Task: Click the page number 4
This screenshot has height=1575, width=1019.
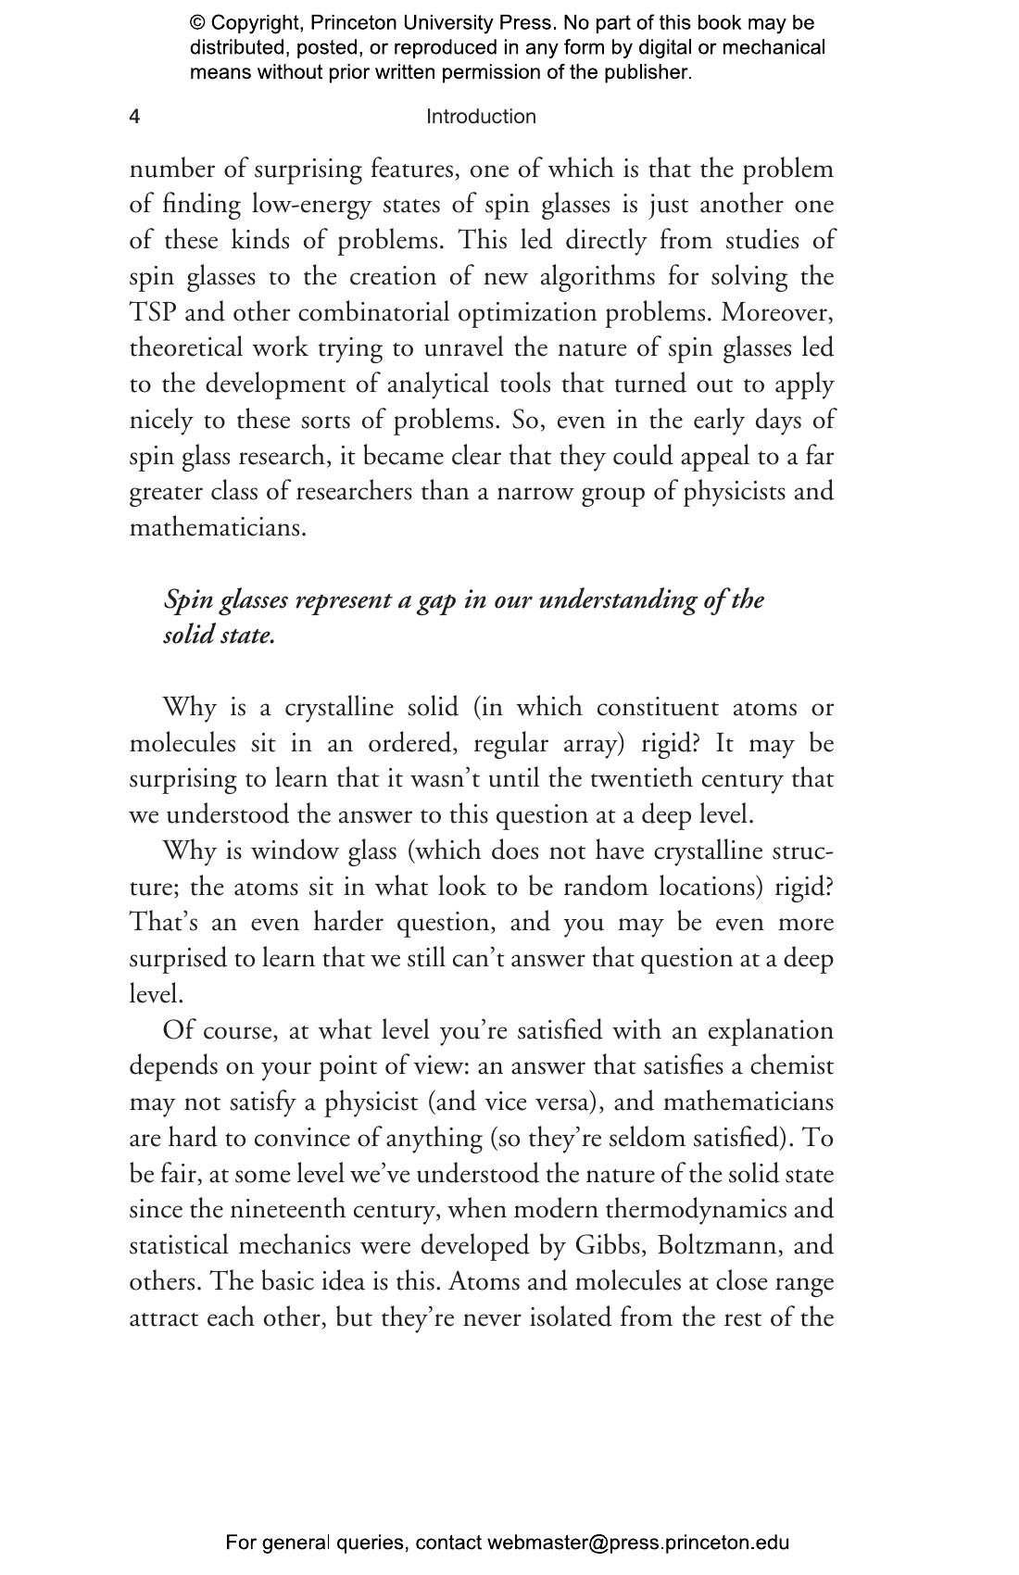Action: tap(134, 117)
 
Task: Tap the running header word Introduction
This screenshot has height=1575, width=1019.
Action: tap(481, 117)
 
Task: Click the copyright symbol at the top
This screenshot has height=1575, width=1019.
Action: tap(196, 23)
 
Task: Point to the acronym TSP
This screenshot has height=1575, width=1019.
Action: tap(152, 312)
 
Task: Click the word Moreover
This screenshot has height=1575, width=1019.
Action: tap(777, 312)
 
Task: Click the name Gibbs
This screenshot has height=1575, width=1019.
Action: tap(600, 1246)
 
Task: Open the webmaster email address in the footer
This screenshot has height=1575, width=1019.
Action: tap(637, 1543)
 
